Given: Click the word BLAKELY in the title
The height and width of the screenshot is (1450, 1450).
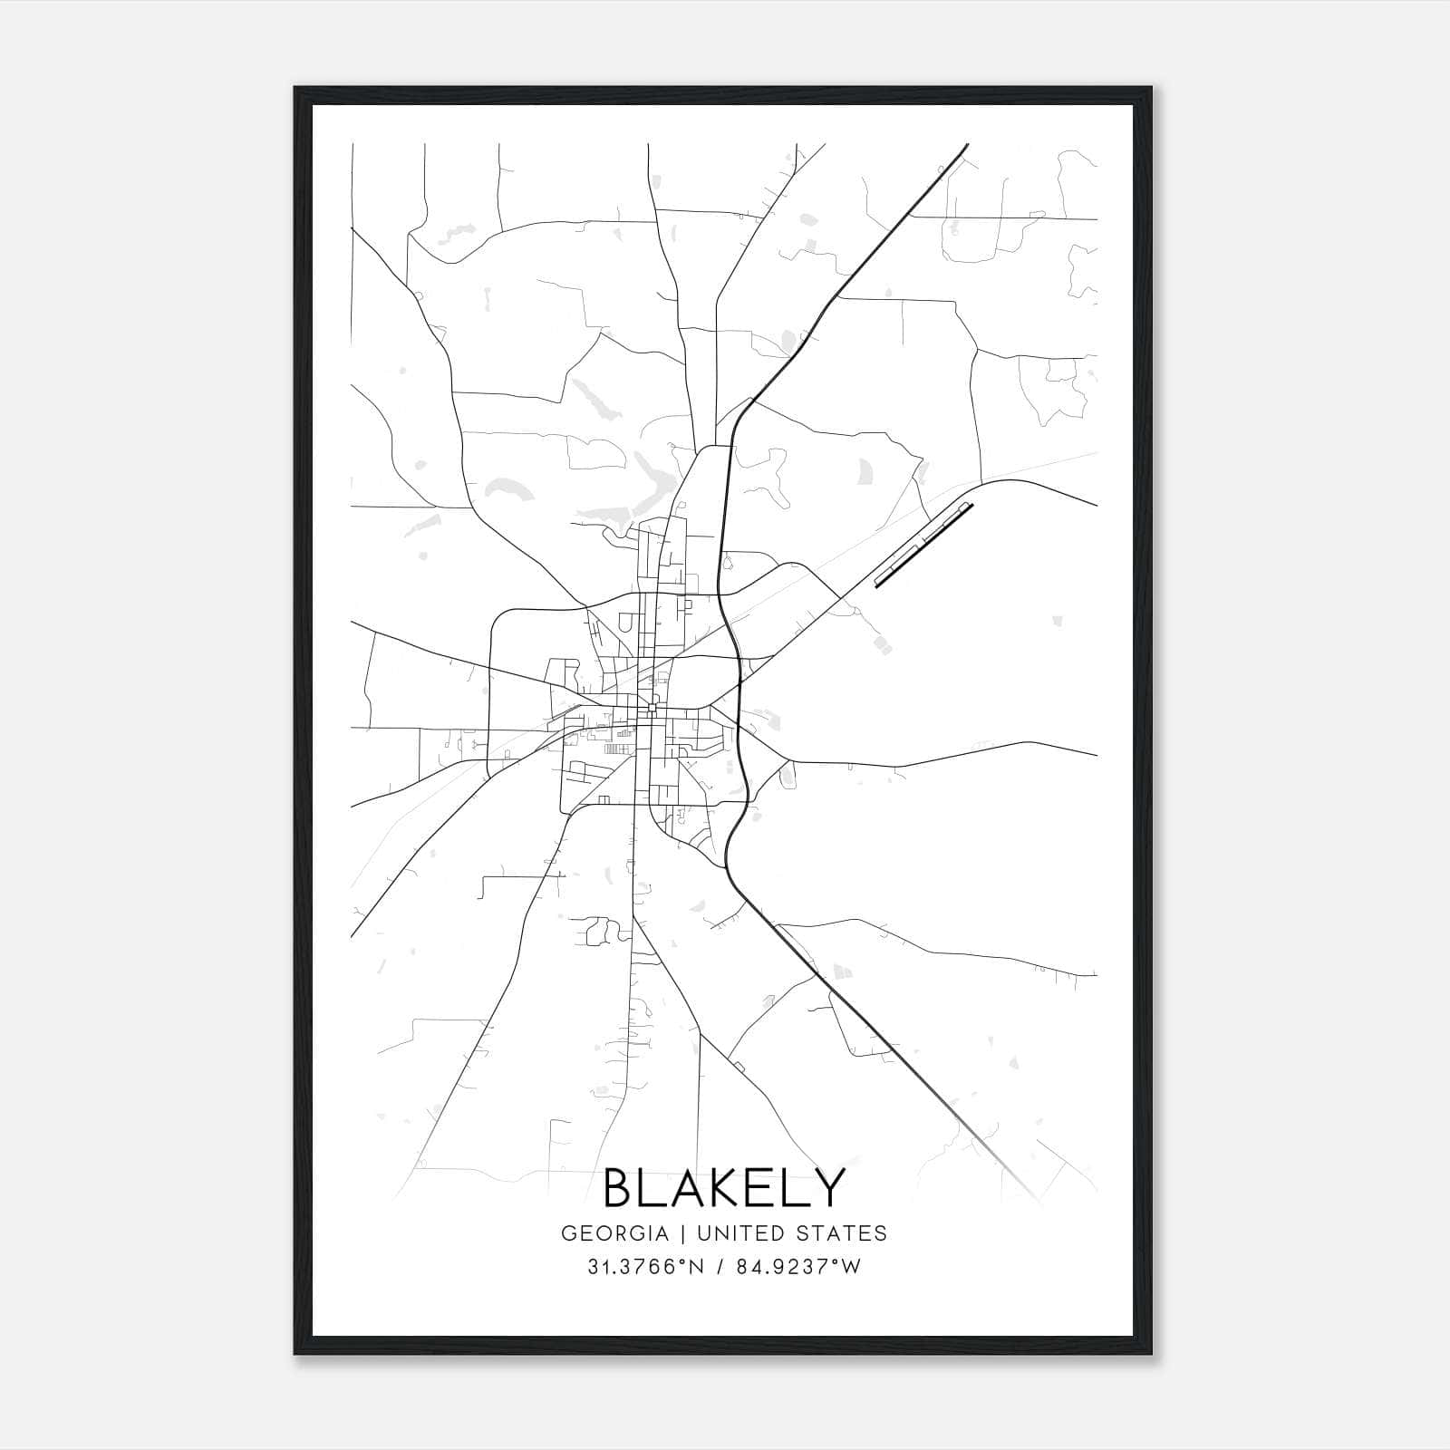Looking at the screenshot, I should (724, 1187).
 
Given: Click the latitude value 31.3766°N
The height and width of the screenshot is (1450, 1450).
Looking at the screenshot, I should (645, 1267).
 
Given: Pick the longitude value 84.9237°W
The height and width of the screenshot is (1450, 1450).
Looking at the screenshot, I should (797, 1267).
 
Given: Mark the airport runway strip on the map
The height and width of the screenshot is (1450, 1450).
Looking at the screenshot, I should (923, 546).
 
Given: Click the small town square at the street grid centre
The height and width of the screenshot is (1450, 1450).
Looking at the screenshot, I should (652, 707).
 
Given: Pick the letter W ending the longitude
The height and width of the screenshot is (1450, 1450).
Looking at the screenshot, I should (851, 1267).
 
